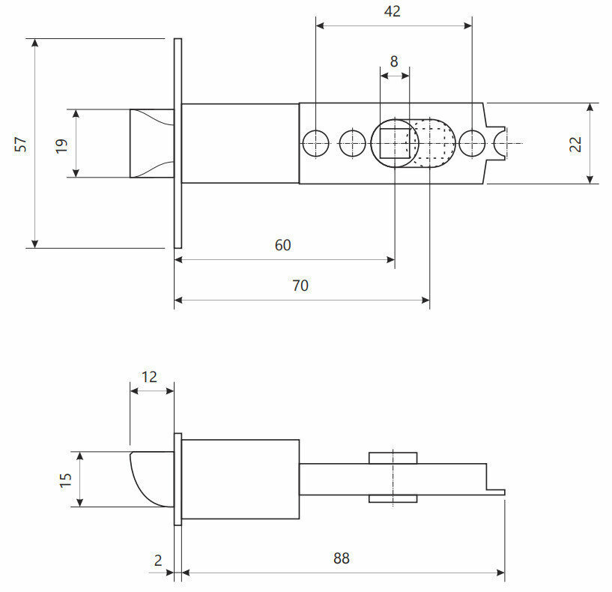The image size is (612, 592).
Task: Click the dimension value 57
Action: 21,143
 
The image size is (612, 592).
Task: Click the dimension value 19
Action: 61,143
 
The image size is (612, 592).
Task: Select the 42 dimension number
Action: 391,11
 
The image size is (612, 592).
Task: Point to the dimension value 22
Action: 575,143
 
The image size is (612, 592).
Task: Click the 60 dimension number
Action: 282,245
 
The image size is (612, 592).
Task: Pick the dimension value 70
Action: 300,286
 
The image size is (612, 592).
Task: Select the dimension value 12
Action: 150,376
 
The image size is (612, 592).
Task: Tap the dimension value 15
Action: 65,479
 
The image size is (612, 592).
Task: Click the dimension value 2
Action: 158,559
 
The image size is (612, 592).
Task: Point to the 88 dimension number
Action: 342,558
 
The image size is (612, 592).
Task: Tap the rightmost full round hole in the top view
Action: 472,142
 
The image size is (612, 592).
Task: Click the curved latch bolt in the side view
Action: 152,477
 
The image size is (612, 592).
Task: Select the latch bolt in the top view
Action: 153,143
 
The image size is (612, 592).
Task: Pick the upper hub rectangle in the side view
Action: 393,457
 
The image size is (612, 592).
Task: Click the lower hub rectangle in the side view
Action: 393,499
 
